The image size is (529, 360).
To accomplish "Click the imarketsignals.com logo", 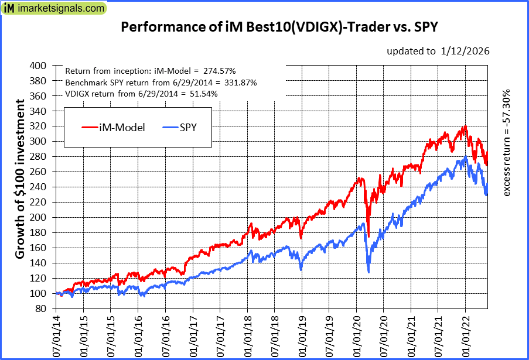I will click(54, 9).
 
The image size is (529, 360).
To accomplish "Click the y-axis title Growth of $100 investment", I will click(20, 179).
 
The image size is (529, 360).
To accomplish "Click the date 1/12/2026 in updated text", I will click(466, 51).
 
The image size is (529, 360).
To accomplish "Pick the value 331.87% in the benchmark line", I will click(237, 82).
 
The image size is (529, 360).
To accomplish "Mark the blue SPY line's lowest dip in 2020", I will click(368, 272).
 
